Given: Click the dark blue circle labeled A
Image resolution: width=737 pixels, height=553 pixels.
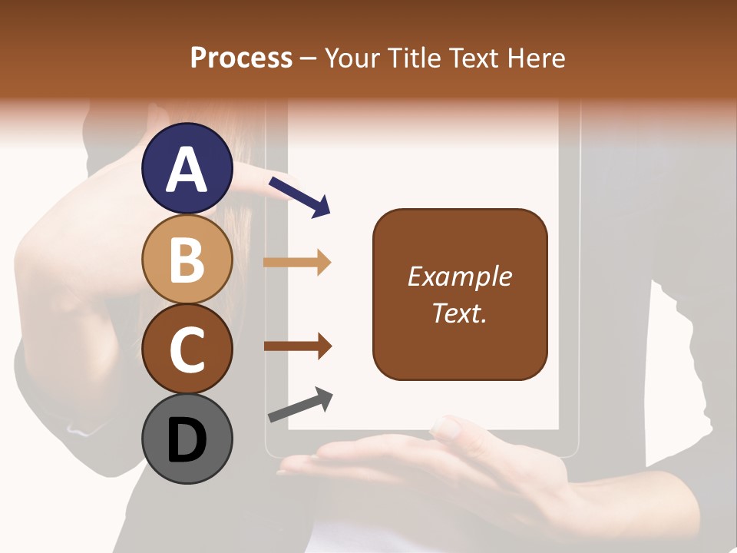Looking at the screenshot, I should point(187,168).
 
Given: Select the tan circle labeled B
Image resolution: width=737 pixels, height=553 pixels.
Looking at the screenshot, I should point(187,259).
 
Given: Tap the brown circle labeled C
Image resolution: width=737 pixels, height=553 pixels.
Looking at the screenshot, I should point(187,349).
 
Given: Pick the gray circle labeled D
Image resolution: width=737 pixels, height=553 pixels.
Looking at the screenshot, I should point(187,439).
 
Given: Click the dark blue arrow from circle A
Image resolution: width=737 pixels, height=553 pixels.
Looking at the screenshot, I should point(299,197).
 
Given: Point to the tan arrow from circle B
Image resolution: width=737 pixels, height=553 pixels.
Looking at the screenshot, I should point(297,263).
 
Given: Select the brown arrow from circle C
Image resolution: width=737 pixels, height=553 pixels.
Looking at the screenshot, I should point(297,346).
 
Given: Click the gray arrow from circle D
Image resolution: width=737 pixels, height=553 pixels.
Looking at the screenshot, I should point(300,405).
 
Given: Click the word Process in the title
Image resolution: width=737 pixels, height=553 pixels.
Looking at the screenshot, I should point(241,58).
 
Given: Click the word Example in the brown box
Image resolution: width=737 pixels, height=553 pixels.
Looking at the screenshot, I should point(459,276).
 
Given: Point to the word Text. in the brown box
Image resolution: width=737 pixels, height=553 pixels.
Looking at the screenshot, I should point(459,313).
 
